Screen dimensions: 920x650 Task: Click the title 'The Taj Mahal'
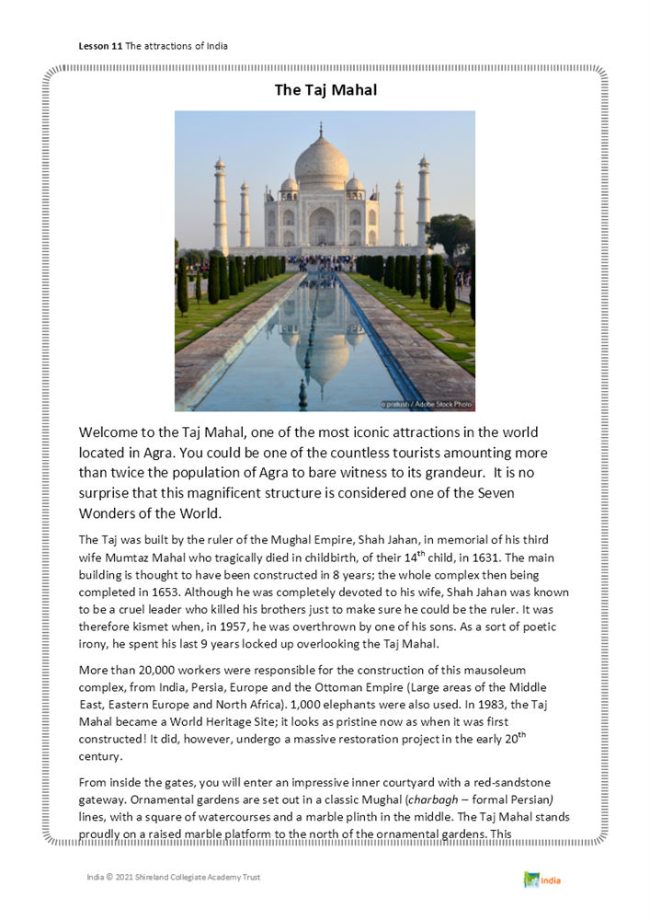[x=325, y=90]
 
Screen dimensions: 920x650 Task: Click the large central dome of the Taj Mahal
[x=322, y=166]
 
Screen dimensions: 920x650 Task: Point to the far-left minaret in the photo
[x=221, y=207]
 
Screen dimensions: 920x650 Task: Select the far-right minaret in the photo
[x=423, y=202]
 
